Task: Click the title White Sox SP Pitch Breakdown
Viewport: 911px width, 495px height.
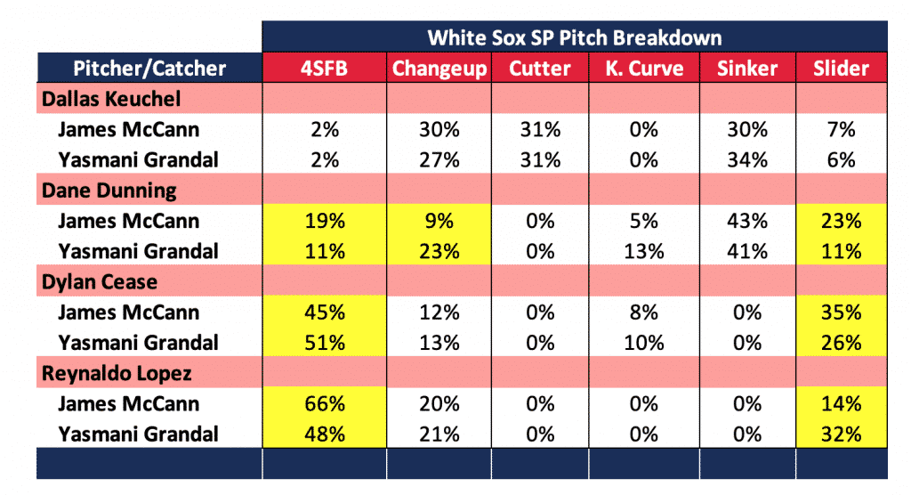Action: point(575,37)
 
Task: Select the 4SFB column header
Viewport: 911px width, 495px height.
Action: point(324,68)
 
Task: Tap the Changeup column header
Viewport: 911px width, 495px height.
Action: point(439,69)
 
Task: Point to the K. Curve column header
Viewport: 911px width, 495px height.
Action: point(644,68)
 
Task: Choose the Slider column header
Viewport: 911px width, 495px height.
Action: point(841,68)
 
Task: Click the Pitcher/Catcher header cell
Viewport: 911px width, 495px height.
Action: point(149,68)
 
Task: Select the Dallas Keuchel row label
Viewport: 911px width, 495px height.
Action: point(111,99)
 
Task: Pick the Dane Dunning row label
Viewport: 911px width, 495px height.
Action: point(109,191)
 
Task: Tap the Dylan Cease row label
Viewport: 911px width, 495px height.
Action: point(100,282)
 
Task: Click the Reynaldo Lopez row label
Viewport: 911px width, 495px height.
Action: point(117,373)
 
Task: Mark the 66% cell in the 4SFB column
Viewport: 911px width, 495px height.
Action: point(324,403)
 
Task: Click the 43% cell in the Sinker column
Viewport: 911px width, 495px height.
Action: point(747,221)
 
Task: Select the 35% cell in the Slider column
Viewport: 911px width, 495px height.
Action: point(841,312)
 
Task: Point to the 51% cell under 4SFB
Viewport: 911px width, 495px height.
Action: point(324,343)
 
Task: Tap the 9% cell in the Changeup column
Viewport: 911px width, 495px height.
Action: point(439,221)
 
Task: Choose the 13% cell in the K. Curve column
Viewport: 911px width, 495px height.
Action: point(644,251)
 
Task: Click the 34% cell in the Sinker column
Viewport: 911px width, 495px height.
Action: point(747,160)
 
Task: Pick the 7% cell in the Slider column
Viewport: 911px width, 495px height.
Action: point(841,129)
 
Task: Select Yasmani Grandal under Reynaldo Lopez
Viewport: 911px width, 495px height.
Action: point(138,434)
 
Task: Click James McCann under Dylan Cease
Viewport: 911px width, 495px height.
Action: point(128,312)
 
